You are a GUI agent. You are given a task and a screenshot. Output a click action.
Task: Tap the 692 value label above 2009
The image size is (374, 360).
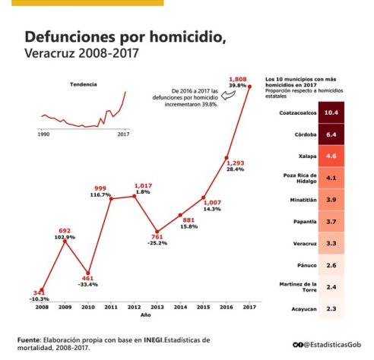65,230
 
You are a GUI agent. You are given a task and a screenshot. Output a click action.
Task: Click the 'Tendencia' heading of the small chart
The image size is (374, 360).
83,84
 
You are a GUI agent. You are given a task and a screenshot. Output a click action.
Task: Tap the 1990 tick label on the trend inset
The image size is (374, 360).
44,133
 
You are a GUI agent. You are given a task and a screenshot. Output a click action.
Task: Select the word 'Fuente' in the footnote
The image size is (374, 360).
30,338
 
